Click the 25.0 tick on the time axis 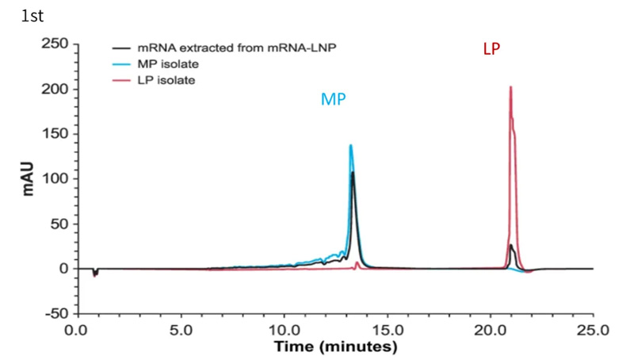[593, 327]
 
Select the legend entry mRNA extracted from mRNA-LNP [221, 48]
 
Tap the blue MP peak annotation [334, 99]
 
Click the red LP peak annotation [491, 49]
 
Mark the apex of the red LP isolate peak [510, 87]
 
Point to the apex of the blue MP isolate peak [350, 145]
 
